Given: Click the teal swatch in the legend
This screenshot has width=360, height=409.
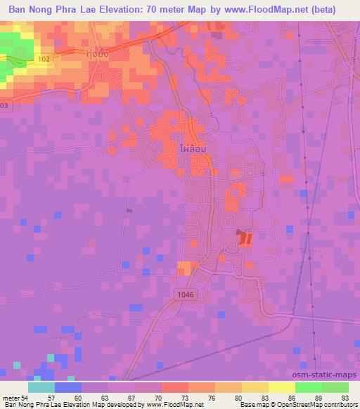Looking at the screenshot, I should pos(41,388).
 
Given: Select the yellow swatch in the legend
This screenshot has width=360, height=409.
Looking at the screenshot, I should pos(281,388).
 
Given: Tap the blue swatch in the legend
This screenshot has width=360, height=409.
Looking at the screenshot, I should pos(68,388).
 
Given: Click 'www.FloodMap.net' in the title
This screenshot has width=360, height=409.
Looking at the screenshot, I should pos(264,9).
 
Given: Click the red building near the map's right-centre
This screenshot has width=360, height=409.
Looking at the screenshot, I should pos(245,238).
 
